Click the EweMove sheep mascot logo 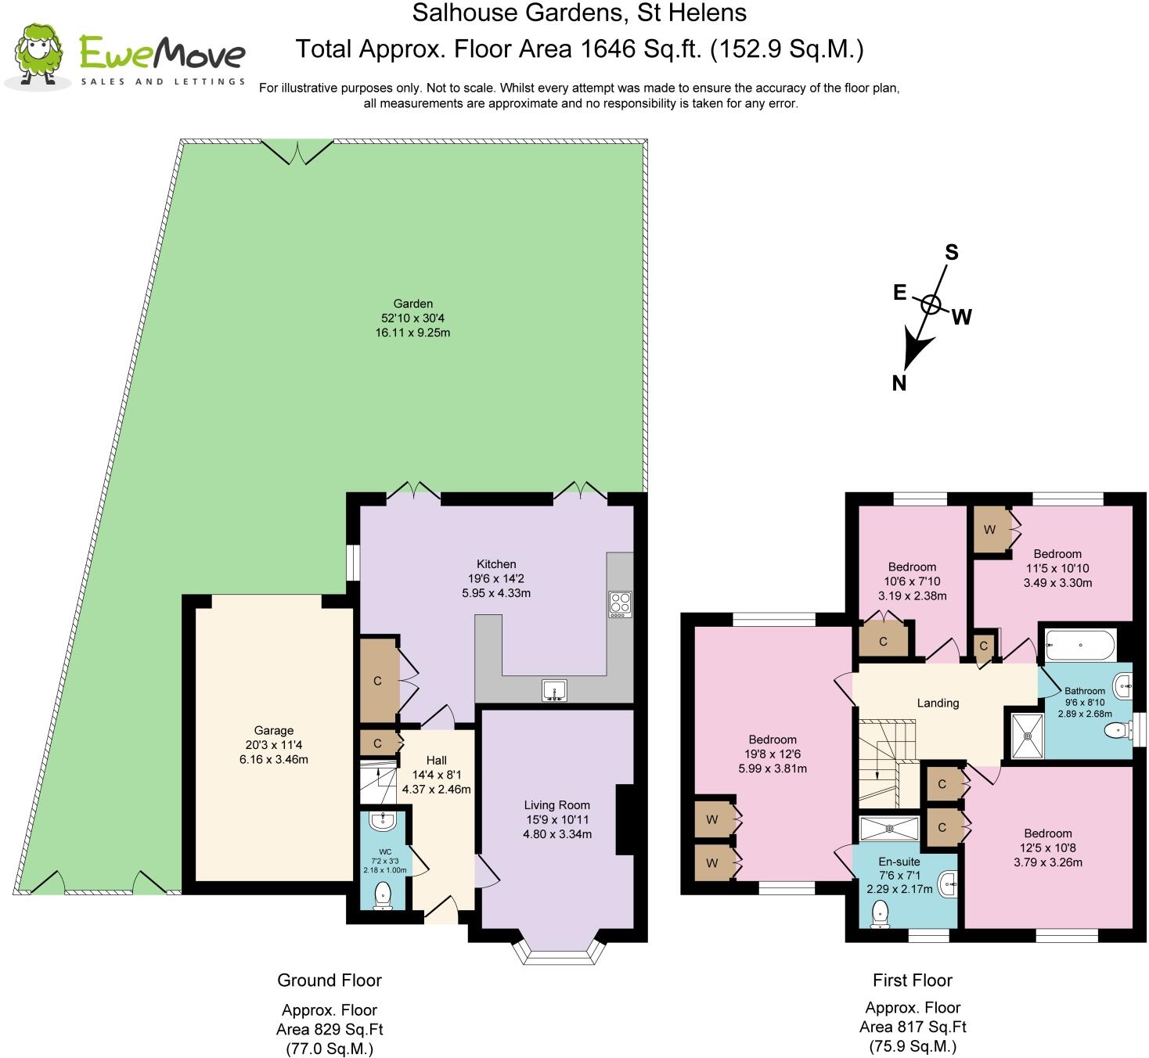(38, 55)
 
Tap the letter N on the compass (899, 383)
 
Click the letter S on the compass (951, 252)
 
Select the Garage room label (273, 730)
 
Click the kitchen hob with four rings (620, 604)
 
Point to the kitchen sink (554, 690)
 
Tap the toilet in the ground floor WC (383, 895)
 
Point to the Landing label (938, 703)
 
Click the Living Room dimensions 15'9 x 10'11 (556, 819)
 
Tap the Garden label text (412, 304)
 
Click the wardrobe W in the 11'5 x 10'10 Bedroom (989, 530)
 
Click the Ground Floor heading (329, 980)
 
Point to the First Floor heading (912, 980)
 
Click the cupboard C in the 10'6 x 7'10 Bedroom (883, 642)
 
